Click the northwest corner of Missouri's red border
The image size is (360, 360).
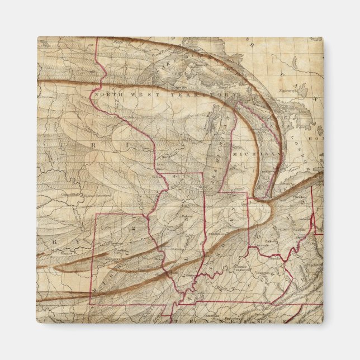[97, 214]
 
